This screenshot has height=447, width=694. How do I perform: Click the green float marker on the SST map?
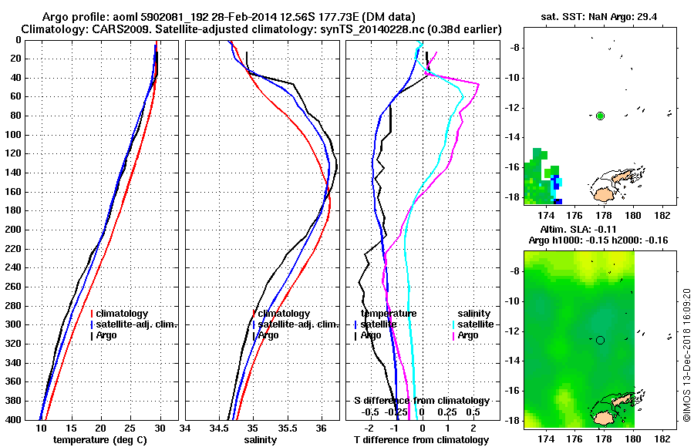point(600,116)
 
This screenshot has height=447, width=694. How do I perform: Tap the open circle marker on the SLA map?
point(600,340)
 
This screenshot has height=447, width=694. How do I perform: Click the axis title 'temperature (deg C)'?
point(100,440)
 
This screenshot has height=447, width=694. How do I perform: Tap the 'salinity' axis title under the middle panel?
point(262,440)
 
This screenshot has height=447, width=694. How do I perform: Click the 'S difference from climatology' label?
point(421,401)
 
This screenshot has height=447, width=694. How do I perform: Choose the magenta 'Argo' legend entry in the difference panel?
point(468,335)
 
